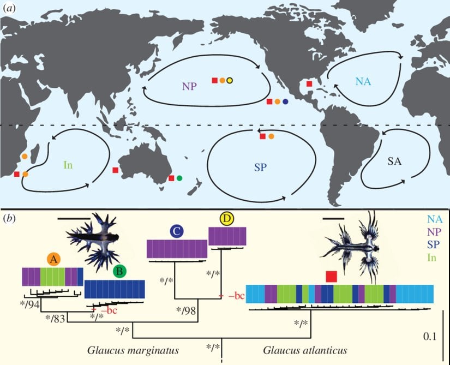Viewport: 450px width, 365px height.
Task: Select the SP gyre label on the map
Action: pos(260,167)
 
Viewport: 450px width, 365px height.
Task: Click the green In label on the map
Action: pos(68,164)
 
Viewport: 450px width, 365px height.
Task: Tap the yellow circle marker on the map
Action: pos(230,81)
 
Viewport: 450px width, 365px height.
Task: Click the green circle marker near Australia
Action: pos(179,178)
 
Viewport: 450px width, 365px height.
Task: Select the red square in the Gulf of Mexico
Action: pos(309,83)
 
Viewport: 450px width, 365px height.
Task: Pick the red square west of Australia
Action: pos(115,170)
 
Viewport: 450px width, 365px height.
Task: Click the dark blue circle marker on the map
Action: pos(286,102)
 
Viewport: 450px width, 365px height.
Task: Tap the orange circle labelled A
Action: pos(53,260)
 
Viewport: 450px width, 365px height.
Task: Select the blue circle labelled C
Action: pos(176,231)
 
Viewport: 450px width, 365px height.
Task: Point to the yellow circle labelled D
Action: pos(226,219)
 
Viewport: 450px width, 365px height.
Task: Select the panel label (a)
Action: pos(10,8)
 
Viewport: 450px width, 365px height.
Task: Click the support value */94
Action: pos(31,303)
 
